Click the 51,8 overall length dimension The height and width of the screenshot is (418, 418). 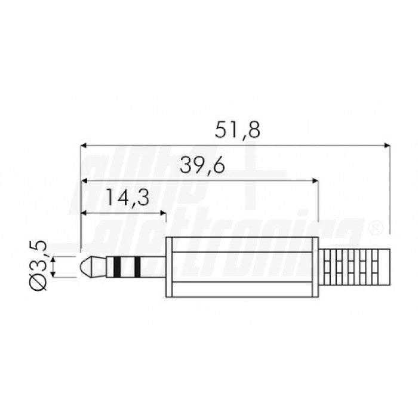[238, 130]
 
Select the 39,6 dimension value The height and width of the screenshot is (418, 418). [202, 166]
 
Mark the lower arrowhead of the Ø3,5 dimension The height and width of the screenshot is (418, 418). [54, 273]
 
